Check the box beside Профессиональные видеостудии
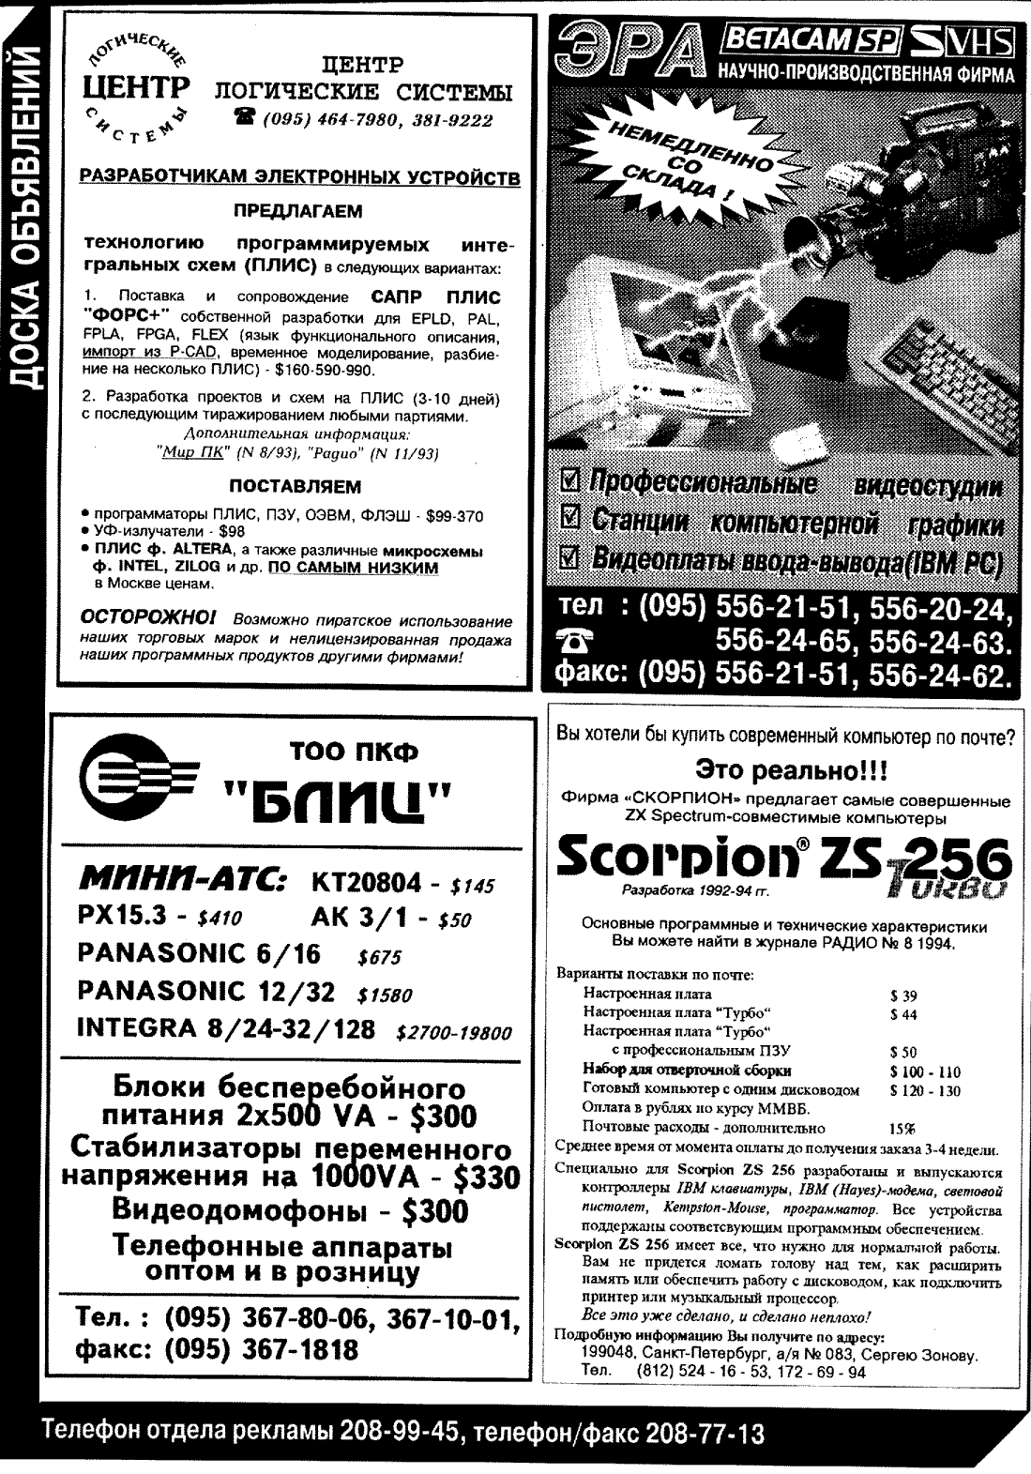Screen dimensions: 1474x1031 tap(569, 483)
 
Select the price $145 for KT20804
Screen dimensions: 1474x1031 tap(471, 886)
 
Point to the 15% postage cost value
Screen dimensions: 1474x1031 tap(902, 1129)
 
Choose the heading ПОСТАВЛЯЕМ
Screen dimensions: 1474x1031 tap(296, 487)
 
